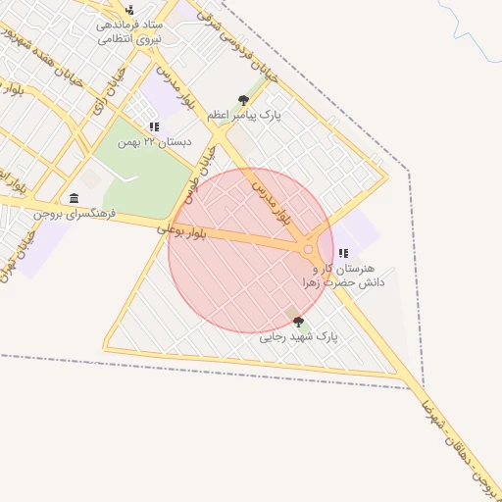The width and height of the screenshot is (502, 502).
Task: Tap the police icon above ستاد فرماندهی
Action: (x=129, y=10)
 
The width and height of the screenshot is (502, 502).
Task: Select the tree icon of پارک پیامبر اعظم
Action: (x=243, y=99)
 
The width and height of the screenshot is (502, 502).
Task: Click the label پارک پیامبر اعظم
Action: (x=244, y=115)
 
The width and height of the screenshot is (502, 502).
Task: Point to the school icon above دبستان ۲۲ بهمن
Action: (x=153, y=126)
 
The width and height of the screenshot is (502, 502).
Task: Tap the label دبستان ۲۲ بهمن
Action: (x=153, y=142)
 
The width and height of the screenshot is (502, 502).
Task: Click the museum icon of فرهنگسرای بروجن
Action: (x=75, y=198)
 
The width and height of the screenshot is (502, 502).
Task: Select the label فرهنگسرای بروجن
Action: (x=75, y=213)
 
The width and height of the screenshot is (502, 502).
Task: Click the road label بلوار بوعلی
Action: (x=185, y=231)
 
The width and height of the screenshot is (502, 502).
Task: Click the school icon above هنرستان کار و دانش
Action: (x=343, y=253)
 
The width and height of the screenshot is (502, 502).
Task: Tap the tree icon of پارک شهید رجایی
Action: (x=298, y=322)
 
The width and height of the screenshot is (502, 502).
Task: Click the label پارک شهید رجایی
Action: (x=298, y=336)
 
